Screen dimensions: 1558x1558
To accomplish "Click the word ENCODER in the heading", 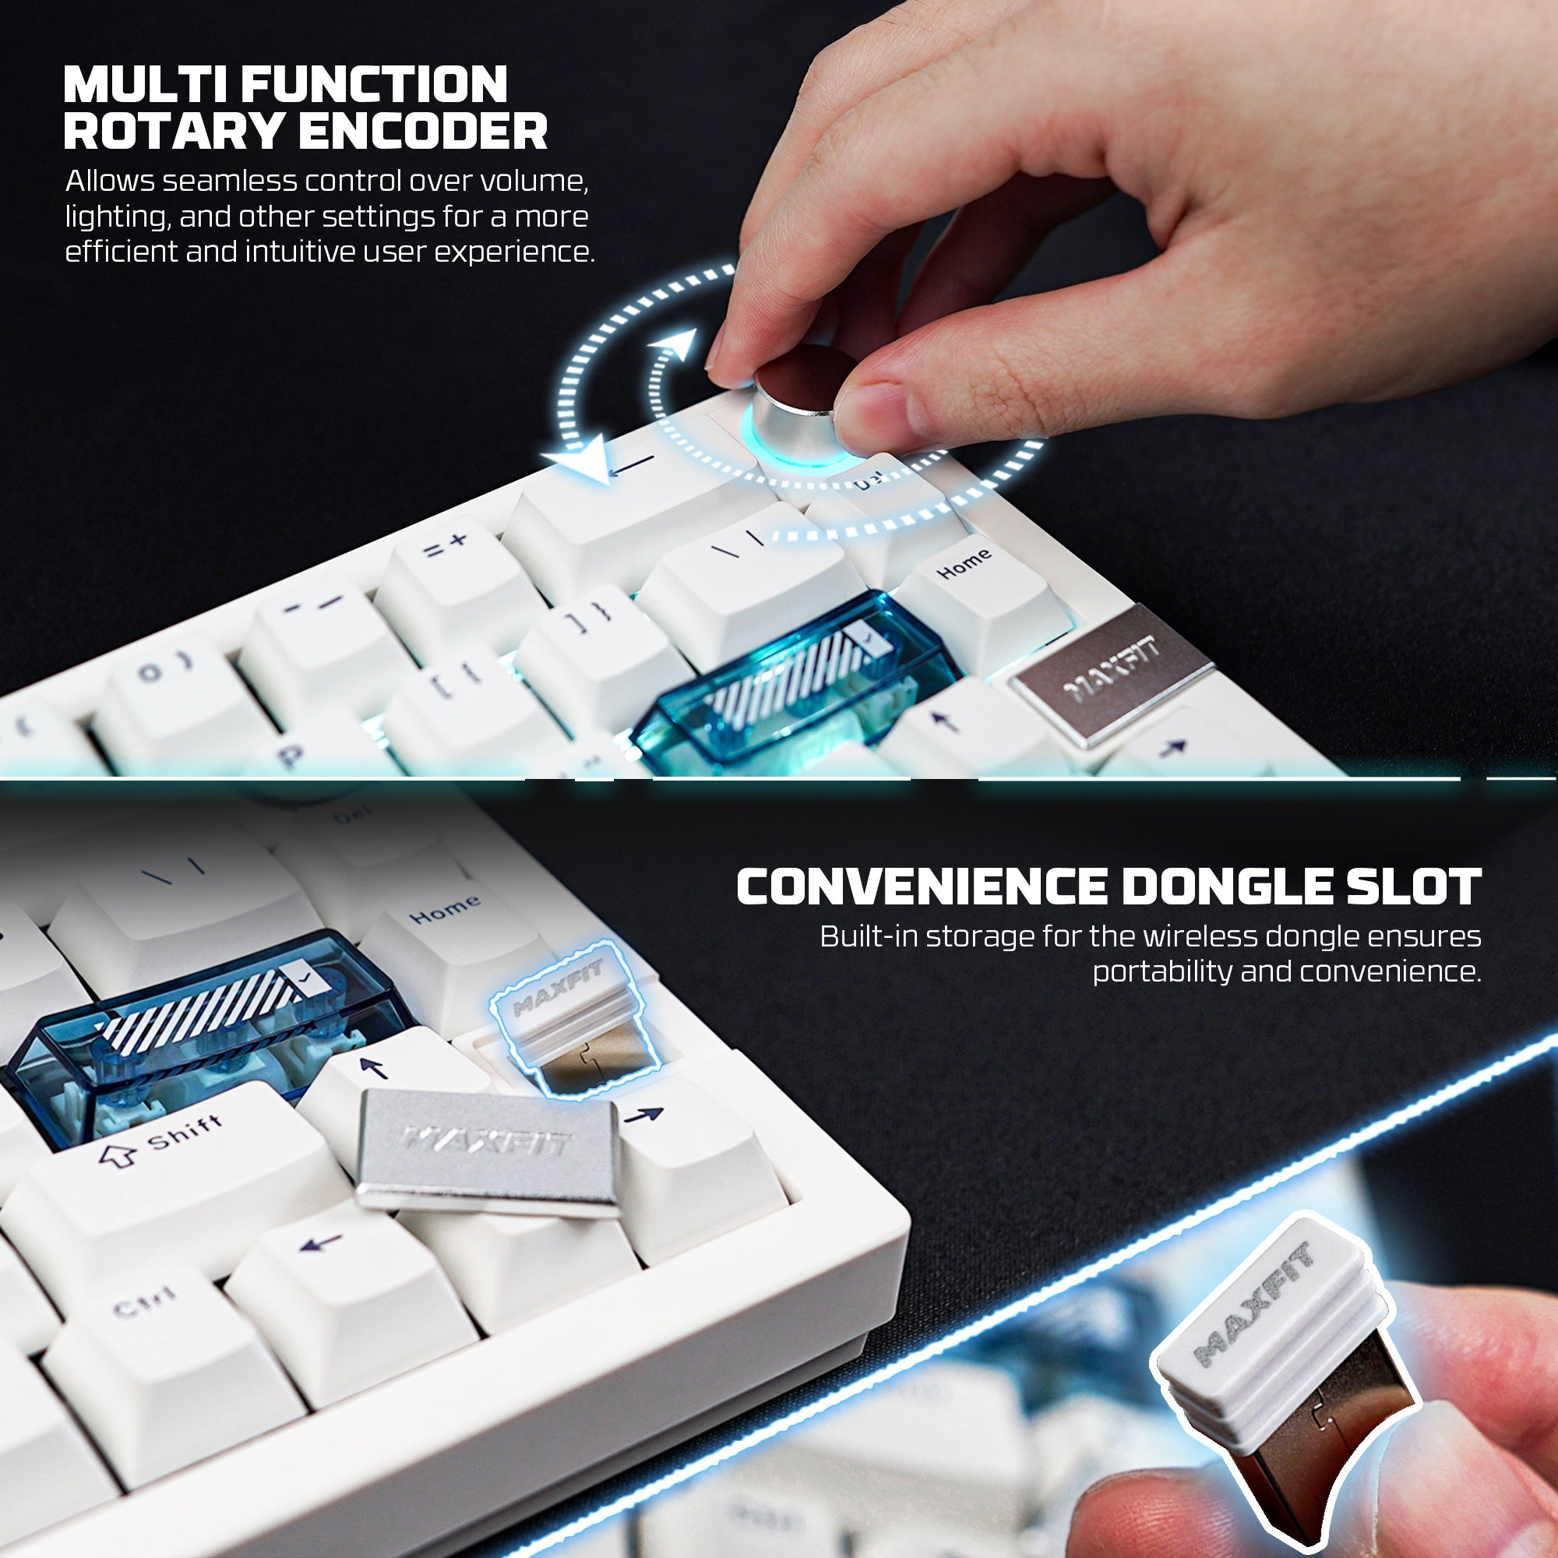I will tap(423, 131).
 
